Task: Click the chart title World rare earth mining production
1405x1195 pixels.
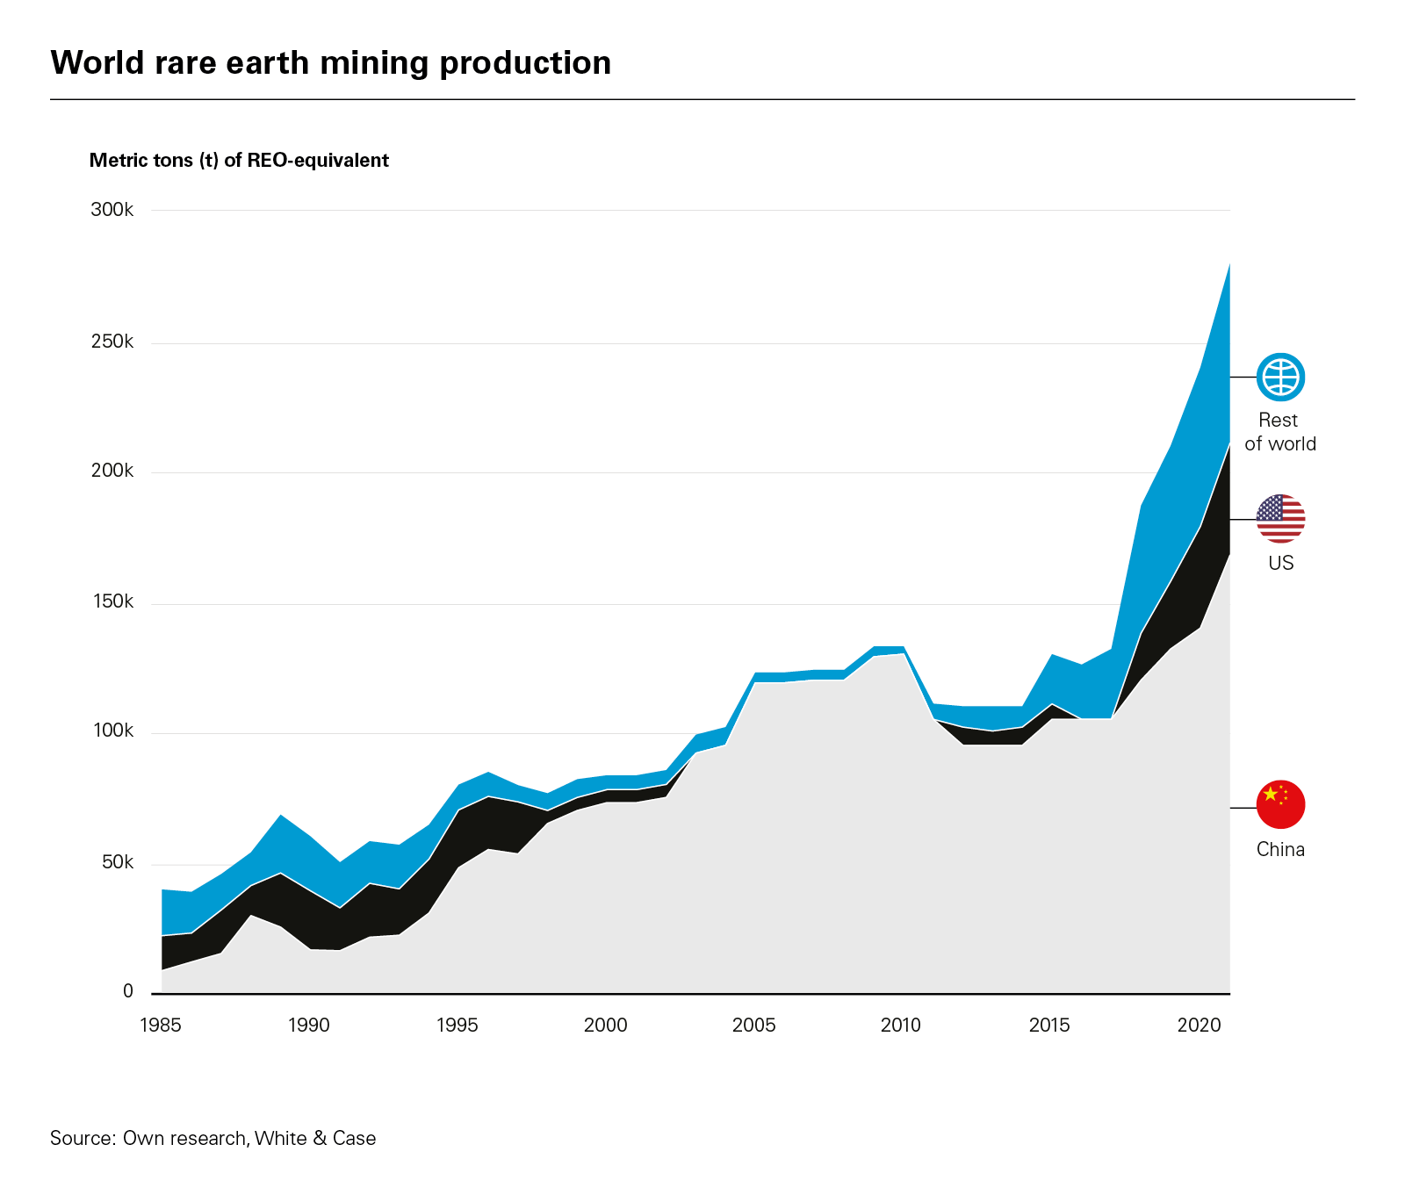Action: (x=330, y=63)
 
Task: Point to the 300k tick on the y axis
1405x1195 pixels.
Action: (x=112, y=210)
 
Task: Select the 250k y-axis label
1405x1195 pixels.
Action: (x=112, y=342)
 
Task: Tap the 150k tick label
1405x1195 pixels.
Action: (x=112, y=601)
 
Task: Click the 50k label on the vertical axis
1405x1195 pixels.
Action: (x=117, y=862)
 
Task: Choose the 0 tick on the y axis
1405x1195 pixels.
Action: (x=128, y=991)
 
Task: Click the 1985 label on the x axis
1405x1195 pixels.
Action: (x=161, y=1025)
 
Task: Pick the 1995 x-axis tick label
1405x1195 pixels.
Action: (x=458, y=1025)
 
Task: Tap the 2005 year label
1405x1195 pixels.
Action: (x=753, y=1025)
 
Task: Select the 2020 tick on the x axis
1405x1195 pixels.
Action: (x=1199, y=1025)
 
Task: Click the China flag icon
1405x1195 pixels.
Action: (x=1280, y=804)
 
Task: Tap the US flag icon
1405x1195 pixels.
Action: (x=1280, y=519)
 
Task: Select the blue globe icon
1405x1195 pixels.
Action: (x=1280, y=378)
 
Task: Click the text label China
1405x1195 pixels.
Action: (x=1280, y=849)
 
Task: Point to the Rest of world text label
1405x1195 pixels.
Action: (x=1279, y=432)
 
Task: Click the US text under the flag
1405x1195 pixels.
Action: (x=1280, y=563)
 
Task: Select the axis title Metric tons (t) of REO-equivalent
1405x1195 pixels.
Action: (x=239, y=161)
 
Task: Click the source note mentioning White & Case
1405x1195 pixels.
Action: (x=213, y=1138)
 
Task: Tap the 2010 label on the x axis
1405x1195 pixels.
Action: (x=901, y=1025)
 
